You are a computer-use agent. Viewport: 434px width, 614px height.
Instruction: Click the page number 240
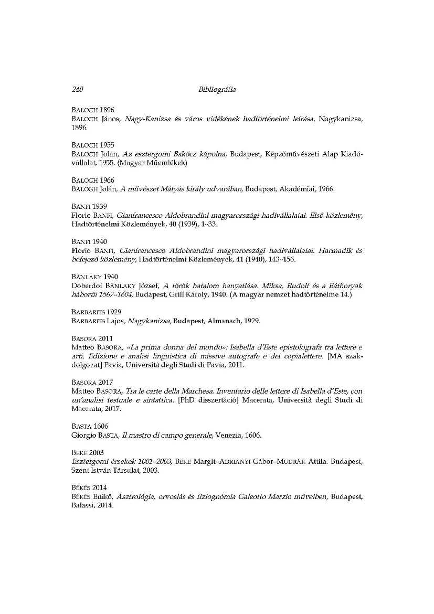coord(78,90)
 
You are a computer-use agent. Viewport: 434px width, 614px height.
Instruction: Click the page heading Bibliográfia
coord(217,90)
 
